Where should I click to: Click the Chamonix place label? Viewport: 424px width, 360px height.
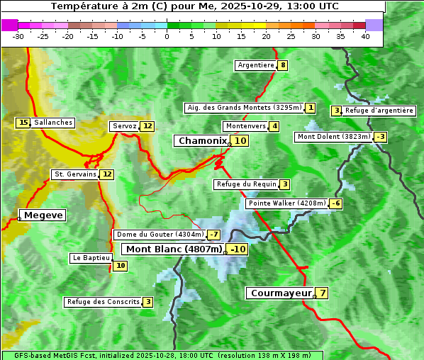point(202,141)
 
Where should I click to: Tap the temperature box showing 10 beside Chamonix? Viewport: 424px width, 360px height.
point(240,141)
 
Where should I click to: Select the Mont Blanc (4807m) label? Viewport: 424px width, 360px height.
point(174,249)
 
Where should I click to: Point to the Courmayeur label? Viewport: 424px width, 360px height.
point(281,293)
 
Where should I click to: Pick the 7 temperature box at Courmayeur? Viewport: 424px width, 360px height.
point(322,293)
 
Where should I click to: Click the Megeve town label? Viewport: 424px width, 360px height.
point(43,215)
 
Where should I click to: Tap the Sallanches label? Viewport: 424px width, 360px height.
point(52,123)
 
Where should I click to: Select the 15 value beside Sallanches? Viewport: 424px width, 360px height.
point(23,123)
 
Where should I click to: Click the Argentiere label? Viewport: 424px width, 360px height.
point(256,65)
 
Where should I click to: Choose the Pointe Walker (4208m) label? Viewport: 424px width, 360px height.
point(286,203)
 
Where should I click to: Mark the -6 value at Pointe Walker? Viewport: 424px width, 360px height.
point(336,203)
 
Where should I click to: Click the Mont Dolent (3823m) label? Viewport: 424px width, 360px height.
point(333,137)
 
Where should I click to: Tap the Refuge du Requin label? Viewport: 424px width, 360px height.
point(245,184)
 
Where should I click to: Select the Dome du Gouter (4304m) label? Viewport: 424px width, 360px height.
point(160,235)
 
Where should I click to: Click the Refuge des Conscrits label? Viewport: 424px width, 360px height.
point(103,302)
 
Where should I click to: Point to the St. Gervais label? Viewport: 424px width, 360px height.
point(74,174)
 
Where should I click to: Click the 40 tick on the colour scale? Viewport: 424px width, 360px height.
point(365,36)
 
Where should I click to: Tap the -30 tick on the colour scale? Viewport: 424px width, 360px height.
point(18,36)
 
